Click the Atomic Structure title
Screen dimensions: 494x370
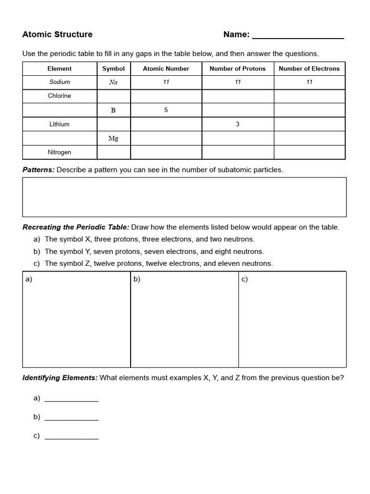pyautogui.click(x=57, y=34)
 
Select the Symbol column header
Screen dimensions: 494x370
pyautogui.click(x=113, y=69)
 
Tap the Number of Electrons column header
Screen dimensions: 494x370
pyautogui.click(x=309, y=69)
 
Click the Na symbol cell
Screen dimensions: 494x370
pyautogui.click(x=113, y=82)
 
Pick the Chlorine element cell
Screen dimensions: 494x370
pyautogui.click(x=59, y=96)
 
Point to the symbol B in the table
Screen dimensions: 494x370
pyautogui.click(x=113, y=110)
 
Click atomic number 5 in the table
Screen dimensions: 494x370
pyautogui.click(x=166, y=110)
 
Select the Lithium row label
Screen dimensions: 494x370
pyautogui.click(x=59, y=124)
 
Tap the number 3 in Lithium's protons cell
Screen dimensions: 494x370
pyautogui.click(x=238, y=124)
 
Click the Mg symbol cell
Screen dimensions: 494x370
pyautogui.click(x=113, y=138)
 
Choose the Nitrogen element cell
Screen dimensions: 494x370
pyautogui.click(x=59, y=152)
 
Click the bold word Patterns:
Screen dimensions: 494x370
pyautogui.click(x=39, y=170)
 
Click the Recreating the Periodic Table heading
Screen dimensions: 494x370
pyautogui.click(x=76, y=227)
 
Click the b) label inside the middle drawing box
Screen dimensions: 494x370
pyautogui.click(x=136, y=279)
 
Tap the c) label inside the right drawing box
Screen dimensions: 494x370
pyautogui.click(x=244, y=279)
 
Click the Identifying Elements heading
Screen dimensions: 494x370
pyautogui.click(x=60, y=378)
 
